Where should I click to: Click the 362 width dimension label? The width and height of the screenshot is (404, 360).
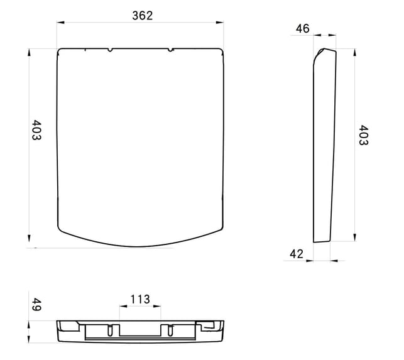click(x=143, y=16)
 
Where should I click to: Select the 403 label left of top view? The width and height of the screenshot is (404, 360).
click(x=36, y=130)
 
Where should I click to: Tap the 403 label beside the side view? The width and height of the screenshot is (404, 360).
click(x=364, y=135)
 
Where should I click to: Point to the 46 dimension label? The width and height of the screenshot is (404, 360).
click(x=302, y=28)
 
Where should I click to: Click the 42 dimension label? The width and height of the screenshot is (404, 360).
click(x=297, y=254)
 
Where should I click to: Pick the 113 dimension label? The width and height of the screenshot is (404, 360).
click(x=140, y=299)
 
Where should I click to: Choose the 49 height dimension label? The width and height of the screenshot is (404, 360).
click(x=36, y=305)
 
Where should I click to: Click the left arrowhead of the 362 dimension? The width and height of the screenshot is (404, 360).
click(x=60, y=23)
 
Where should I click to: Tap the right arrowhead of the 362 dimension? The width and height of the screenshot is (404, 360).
click(x=220, y=23)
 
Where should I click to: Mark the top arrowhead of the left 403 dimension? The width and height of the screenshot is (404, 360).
click(x=29, y=52)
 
